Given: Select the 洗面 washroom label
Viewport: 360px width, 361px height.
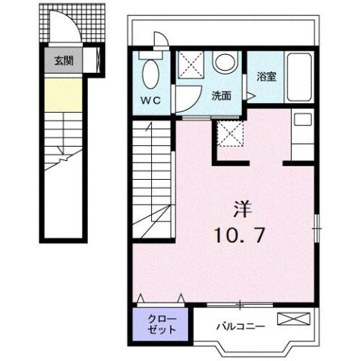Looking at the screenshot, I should click(x=221, y=96).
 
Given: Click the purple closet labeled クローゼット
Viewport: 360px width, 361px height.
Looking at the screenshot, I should click(x=157, y=323).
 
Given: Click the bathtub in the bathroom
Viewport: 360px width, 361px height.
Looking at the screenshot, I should click(x=298, y=80).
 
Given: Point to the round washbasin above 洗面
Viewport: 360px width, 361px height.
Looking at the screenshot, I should click(x=223, y=62).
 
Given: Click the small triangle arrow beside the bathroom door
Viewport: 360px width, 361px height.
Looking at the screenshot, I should click(x=252, y=96).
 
